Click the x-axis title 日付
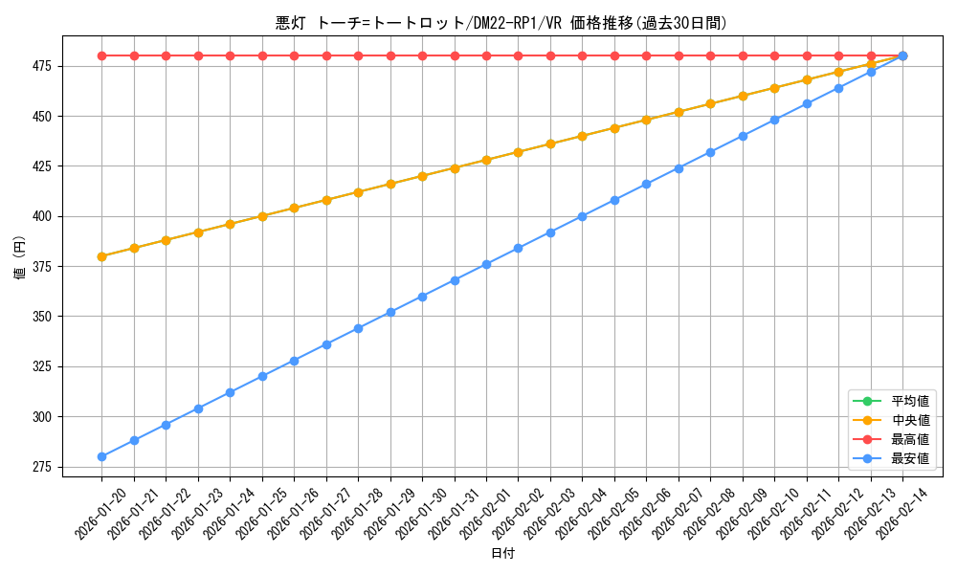tap(502, 553)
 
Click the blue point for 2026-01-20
tap(101, 456)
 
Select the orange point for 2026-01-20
tap(101, 256)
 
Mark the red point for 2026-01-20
tap(101, 55)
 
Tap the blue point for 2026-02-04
tap(582, 216)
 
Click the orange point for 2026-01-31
tap(455, 168)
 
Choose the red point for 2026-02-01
tap(486, 55)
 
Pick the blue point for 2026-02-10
tap(774, 120)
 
